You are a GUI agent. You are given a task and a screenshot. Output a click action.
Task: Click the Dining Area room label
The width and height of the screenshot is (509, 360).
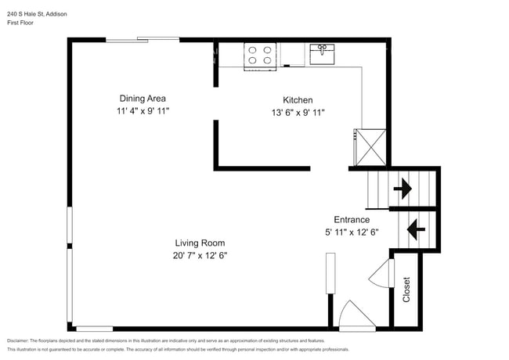[142, 99]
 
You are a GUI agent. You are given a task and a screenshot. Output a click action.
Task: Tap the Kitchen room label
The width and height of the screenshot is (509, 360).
[298, 100]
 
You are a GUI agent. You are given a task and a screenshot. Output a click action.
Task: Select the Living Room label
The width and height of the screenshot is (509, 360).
[200, 243]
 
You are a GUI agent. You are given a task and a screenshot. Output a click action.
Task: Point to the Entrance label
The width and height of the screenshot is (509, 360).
[352, 219]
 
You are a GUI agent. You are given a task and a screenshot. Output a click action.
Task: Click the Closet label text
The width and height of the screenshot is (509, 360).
[406, 290]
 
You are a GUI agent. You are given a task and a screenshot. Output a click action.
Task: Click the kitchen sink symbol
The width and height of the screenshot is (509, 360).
[322, 54]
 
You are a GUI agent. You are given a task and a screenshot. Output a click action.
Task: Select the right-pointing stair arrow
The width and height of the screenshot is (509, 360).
[404, 189]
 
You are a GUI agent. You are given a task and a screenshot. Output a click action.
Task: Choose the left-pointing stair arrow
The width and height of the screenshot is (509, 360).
[414, 230]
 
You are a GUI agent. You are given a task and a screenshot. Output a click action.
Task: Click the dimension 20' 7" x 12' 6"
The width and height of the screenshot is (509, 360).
[200, 256]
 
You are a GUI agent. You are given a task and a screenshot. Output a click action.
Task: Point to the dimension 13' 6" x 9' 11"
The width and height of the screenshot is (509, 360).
[298, 113]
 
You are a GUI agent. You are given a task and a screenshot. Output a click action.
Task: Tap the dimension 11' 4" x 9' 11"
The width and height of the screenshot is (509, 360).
[142, 112]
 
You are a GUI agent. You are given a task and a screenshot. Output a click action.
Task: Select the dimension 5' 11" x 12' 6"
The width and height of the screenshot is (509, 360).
[352, 232]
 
